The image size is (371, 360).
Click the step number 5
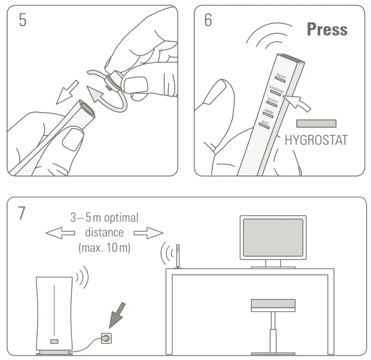(22, 20)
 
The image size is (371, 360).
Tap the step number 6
(208, 20)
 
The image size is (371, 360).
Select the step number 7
(22, 213)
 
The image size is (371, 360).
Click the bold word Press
(327, 29)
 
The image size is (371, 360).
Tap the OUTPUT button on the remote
(271, 104)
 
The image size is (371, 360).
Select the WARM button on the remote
(267, 115)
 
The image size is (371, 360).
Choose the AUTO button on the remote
(264, 125)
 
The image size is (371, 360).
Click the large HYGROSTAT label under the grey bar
(316, 140)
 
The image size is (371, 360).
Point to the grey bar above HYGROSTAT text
(316, 123)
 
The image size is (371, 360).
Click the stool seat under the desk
(273, 305)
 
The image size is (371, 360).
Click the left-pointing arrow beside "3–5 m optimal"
(59, 233)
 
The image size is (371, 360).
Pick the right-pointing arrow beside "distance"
(148, 233)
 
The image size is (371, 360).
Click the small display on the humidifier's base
(54, 341)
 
